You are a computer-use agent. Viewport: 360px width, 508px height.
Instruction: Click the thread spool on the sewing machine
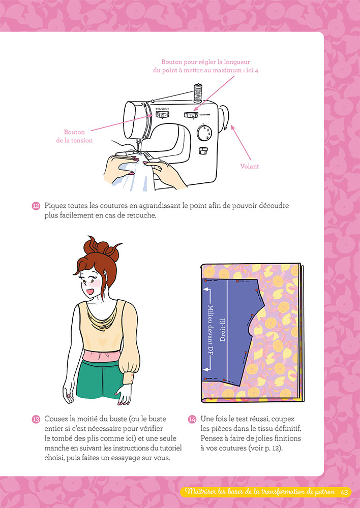[x=197, y=93]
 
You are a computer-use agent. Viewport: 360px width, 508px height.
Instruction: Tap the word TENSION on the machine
[x=162, y=109]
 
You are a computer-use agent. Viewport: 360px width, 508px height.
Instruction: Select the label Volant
[x=249, y=166]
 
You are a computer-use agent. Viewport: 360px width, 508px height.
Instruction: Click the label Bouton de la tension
[x=74, y=136]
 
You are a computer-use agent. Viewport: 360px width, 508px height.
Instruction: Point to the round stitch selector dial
[x=204, y=133]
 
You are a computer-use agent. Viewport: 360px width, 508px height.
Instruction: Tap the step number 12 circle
[x=36, y=206]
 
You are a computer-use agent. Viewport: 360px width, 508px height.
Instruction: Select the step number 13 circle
[x=36, y=419]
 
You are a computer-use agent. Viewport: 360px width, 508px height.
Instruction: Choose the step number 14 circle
[x=192, y=419]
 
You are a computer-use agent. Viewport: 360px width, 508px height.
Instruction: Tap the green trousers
[x=97, y=379]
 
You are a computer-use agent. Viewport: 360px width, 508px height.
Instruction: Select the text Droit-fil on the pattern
[x=223, y=330]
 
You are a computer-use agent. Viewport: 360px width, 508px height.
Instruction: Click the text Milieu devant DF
[x=211, y=334]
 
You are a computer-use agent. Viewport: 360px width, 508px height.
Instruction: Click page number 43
[x=344, y=492]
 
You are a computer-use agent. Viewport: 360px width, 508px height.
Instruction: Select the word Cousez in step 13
[x=55, y=419]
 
